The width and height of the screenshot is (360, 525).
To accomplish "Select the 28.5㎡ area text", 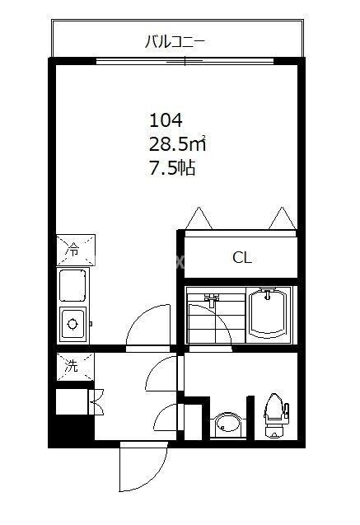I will [176, 144].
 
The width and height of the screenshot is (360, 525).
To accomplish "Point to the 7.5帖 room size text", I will [172, 170].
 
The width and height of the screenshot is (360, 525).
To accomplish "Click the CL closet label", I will [241, 258].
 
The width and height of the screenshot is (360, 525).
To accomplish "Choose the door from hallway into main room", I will [148, 326].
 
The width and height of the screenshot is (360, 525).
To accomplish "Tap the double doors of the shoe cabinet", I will [96, 401].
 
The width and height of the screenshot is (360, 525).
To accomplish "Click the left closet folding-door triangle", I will [200, 218].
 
